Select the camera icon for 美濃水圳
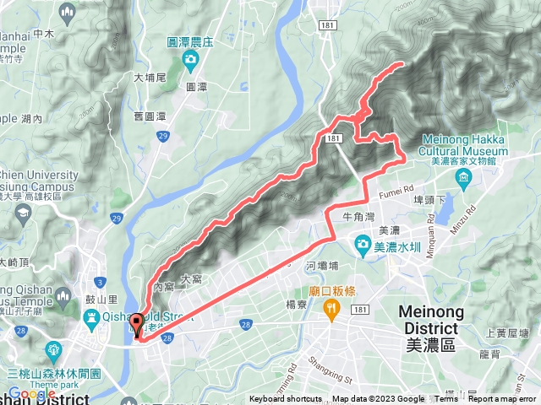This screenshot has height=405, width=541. [363, 245]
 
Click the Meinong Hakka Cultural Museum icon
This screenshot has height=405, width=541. [462, 179]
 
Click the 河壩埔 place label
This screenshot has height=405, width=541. [323, 265]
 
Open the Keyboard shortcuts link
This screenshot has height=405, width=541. [286, 399]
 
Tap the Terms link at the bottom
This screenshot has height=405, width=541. [445, 399]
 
